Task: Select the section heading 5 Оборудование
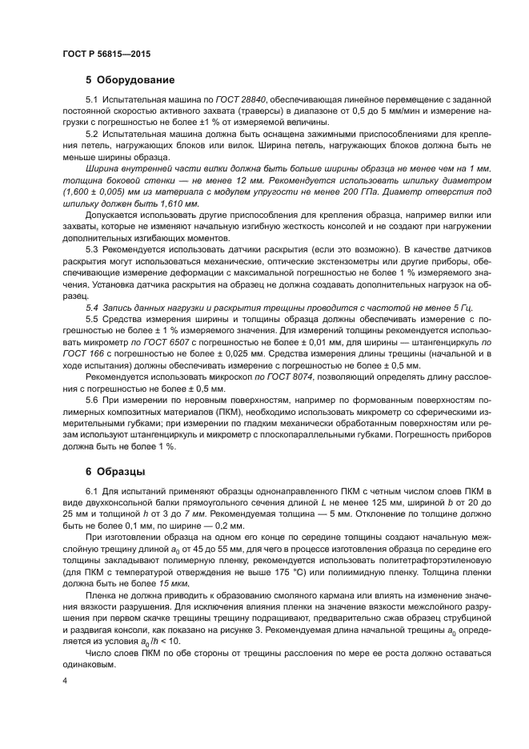(130, 80)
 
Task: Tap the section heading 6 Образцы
(118, 471)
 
